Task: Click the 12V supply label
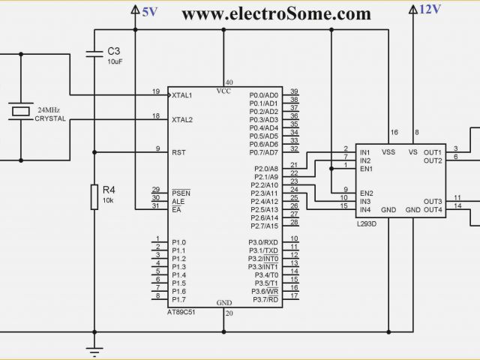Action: tap(430, 9)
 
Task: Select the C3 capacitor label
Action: tap(114, 51)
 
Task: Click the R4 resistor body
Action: tap(94, 196)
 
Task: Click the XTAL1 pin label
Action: tap(182, 95)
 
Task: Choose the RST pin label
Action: tap(178, 151)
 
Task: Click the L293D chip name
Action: tap(368, 223)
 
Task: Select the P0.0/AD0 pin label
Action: tap(263, 95)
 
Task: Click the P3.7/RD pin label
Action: tap(265, 299)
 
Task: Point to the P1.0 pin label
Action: tap(178, 242)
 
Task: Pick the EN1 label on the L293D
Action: tap(366, 169)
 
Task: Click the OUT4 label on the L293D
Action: tap(433, 209)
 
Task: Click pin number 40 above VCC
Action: tap(229, 82)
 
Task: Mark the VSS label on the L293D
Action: tap(388, 151)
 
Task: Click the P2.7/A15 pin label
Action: tap(265, 226)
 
